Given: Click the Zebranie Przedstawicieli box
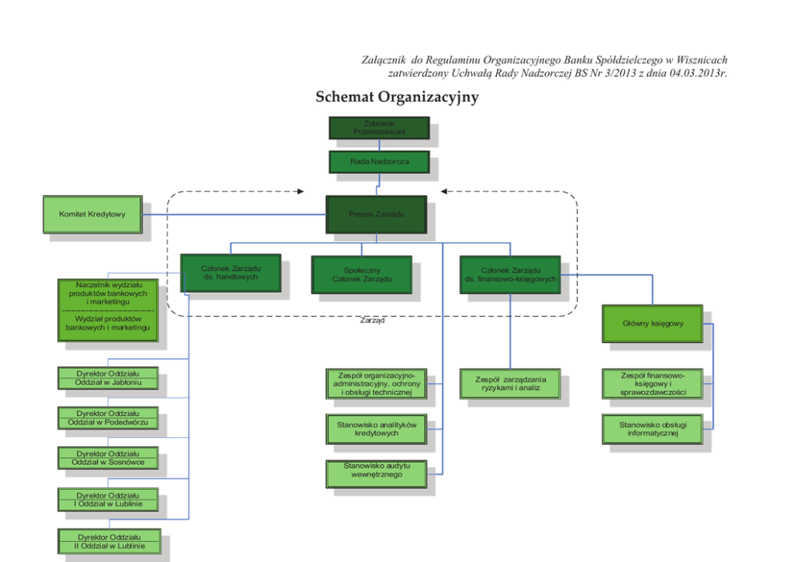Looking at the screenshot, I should click(378, 127).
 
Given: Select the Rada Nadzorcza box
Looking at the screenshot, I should click(378, 162).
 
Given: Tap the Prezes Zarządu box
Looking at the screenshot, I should click(376, 215).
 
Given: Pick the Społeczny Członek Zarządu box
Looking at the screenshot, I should click(361, 274).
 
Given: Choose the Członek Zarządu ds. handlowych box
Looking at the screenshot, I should click(230, 273).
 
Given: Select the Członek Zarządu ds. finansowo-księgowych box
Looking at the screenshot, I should click(510, 274).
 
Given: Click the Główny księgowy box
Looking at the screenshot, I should click(652, 324).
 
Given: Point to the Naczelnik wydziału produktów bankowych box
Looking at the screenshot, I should click(108, 294).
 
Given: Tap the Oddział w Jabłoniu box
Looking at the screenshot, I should click(108, 378).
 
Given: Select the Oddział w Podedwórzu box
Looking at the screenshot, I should click(108, 418).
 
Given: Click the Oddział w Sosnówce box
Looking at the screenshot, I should click(108, 458).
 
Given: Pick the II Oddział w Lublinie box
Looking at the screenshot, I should click(108, 540).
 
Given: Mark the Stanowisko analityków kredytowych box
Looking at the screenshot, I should click(376, 428).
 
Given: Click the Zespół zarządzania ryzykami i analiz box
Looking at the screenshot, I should click(510, 383).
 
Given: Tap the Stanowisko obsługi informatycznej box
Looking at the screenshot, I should click(652, 428).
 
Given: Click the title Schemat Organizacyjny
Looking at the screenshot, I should click(397, 97).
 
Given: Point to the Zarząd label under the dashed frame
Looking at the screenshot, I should click(372, 321).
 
